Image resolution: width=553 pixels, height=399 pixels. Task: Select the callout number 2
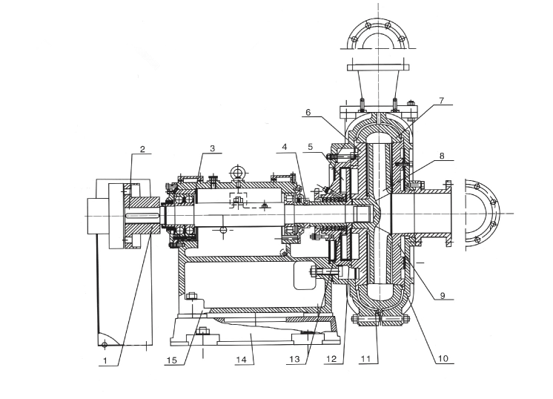142,148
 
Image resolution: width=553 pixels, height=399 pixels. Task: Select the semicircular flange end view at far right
482,210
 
